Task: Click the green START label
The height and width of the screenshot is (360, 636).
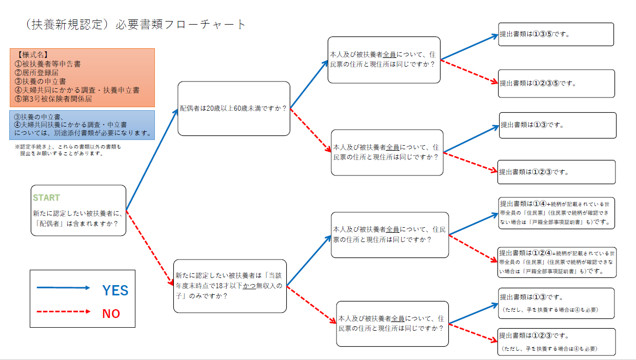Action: pyautogui.click(x=46, y=197)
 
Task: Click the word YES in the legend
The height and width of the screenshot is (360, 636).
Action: pyautogui.click(x=115, y=290)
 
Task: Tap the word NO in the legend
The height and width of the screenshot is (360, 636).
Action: pyautogui.click(x=111, y=313)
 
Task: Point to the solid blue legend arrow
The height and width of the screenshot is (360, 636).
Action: pyautogui.click(x=63, y=288)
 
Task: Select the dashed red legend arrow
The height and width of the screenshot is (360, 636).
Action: pyautogui.click(x=63, y=311)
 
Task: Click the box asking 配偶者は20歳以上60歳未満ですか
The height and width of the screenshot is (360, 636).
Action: pyautogui.click(x=233, y=108)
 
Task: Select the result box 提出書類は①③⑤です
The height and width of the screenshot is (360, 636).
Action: pyautogui.click(x=555, y=34)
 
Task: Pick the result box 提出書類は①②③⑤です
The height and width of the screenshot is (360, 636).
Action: pyautogui.click(x=556, y=83)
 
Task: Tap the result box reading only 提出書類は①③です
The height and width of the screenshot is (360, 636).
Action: pyautogui.click(x=557, y=125)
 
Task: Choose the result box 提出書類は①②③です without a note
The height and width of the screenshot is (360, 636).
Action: pyautogui.click(x=556, y=172)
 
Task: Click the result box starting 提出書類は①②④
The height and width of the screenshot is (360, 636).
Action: pyautogui.click(x=556, y=262)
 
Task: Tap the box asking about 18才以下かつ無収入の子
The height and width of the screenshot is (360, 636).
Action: pyautogui.click(x=229, y=286)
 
